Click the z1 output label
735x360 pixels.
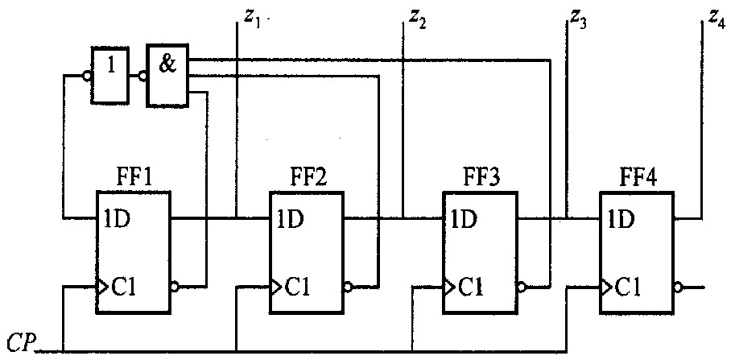pyautogui.click(x=251, y=19)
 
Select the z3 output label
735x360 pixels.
pyautogui.click(x=578, y=19)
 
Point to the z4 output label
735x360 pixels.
pyautogui.click(x=716, y=19)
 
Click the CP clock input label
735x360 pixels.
pyautogui.click(x=22, y=344)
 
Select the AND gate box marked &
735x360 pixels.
pyautogui.click(x=167, y=75)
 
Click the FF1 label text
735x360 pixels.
pyautogui.click(x=133, y=180)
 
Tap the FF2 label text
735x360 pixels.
pyautogui.click(x=306, y=180)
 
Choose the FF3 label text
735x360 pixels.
pyautogui.click(x=480, y=180)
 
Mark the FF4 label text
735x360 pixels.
pyautogui.click(x=638, y=180)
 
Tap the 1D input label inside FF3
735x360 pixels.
pyautogui.click(x=463, y=218)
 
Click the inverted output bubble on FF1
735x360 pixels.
pyautogui.click(x=175, y=287)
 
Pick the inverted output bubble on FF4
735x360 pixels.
pyautogui.click(x=678, y=287)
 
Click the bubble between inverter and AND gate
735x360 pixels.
pyautogui.click(x=142, y=75)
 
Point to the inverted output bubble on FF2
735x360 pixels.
pyautogui.click(x=348, y=287)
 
